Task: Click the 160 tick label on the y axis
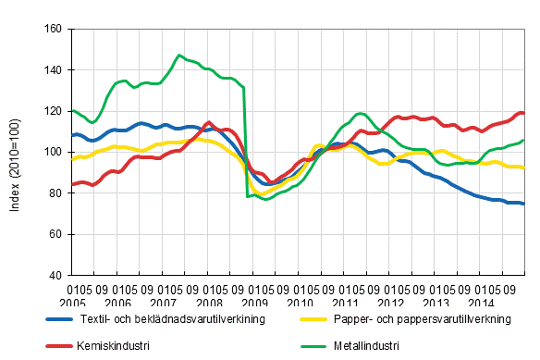[52, 29]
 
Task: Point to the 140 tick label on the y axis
[52, 70]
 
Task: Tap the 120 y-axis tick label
[52, 111]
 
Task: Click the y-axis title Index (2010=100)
[15, 153]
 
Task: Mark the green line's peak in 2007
[179, 56]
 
